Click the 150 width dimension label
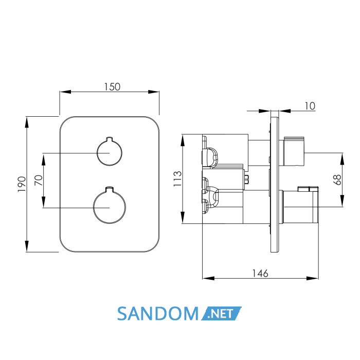(x=112, y=87)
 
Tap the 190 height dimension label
(x=22, y=184)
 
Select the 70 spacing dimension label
(x=39, y=180)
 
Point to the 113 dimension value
(x=177, y=178)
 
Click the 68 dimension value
(x=337, y=180)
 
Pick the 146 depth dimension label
(x=260, y=273)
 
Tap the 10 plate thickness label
(x=310, y=106)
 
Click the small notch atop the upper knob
(x=110, y=139)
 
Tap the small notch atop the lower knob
(x=110, y=189)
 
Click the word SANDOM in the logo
(x=157, y=313)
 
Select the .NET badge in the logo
(x=221, y=313)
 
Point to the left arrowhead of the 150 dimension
(x=65, y=92)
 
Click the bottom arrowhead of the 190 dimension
(x=27, y=246)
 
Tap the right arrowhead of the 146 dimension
(x=313, y=279)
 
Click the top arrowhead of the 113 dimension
(x=183, y=140)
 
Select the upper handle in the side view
(x=294, y=152)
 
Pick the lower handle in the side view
(x=300, y=205)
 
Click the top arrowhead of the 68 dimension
(x=343, y=158)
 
